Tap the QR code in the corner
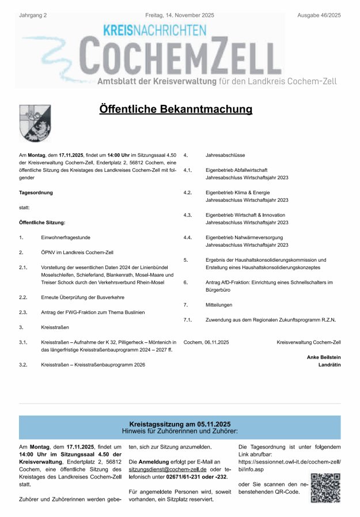pos(325,488)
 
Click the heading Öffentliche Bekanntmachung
pos(176,110)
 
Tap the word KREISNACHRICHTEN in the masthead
pos(154,30)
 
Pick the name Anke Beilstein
pos(324,357)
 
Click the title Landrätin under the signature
pos(329,365)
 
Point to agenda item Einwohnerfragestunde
pos(66,237)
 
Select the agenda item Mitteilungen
pos(220,304)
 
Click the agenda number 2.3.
pos(23,312)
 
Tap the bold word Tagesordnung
pos(36,193)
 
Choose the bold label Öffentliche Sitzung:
pos(42,222)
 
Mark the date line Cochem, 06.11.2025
pos(206,342)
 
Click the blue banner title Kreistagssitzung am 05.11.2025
pos(180,424)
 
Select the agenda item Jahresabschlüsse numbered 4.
pos(225,156)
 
